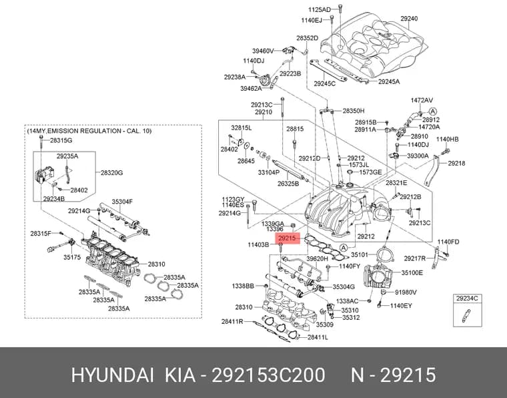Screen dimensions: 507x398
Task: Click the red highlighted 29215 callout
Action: (287, 238)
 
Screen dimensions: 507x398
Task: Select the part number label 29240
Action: (409, 19)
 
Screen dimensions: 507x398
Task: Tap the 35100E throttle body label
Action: (412, 272)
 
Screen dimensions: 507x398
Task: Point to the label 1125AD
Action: (319, 9)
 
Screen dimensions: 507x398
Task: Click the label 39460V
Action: (264, 51)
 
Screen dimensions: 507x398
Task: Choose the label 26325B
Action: (288, 184)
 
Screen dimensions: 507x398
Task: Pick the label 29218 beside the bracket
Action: (456, 163)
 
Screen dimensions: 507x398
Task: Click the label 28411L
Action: (318, 337)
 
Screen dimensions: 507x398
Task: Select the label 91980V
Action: (406, 292)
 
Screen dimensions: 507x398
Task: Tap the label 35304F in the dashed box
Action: (122, 202)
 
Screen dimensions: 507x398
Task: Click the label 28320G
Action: (111, 173)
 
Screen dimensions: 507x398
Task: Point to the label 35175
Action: (72, 257)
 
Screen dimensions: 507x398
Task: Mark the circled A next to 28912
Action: (433, 111)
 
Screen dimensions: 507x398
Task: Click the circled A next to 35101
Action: (344, 248)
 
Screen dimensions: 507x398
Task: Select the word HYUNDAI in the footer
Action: (112, 375)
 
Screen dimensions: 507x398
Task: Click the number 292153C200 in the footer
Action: (268, 375)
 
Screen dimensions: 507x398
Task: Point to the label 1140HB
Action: (447, 139)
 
